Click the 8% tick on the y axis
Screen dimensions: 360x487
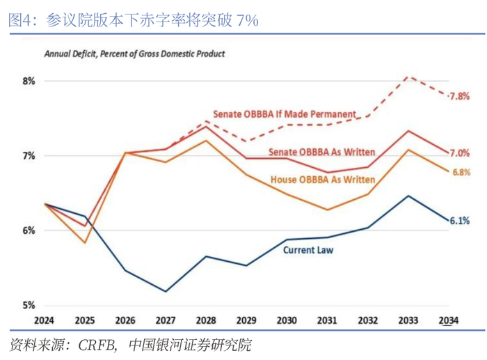29,81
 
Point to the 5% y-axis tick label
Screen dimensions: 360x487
29,305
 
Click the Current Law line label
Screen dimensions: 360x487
308,249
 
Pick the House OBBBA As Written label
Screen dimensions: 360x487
323,180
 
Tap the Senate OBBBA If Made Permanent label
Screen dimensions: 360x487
285,114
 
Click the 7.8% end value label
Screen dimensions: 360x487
459,96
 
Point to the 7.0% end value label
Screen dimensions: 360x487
459,152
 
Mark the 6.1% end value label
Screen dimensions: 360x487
459,221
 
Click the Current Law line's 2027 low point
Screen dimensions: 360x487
166,292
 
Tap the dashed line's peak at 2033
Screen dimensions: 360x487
410,77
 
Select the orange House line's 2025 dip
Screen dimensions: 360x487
85,242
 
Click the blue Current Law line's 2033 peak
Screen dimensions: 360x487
410,196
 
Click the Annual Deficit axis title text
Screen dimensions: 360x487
134,54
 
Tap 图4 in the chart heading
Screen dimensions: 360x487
23,20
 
